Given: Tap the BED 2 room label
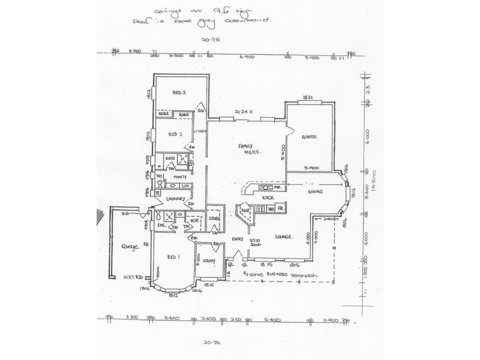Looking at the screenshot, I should pyautogui.click(x=175, y=134).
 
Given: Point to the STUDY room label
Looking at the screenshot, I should pyautogui.click(x=209, y=260).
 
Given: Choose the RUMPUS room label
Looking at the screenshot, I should pyautogui.click(x=310, y=137).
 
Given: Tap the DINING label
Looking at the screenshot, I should pyautogui.click(x=316, y=191).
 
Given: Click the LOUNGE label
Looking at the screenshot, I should pyautogui.click(x=283, y=236).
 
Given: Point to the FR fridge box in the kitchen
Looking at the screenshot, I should pyautogui.click(x=281, y=209).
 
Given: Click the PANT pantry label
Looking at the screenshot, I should pyautogui.click(x=245, y=212).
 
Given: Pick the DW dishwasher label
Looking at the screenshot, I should pyautogui.click(x=271, y=209).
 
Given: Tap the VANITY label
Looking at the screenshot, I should pyautogui.click(x=180, y=177).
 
